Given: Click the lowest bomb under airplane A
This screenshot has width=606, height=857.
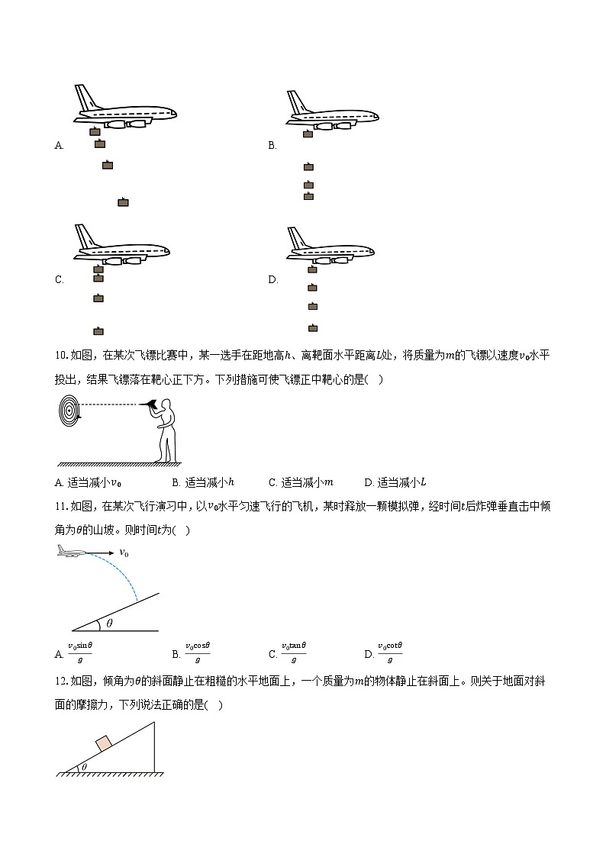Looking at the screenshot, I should click(x=123, y=202).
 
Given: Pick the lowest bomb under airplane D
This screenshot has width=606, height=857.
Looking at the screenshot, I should click(x=312, y=328).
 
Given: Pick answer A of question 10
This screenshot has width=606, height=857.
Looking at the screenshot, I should click(x=89, y=482).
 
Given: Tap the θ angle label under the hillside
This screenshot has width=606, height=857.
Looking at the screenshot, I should click(x=109, y=623).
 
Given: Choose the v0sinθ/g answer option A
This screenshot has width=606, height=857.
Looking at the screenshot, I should click(x=79, y=653).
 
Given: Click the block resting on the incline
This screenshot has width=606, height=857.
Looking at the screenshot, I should click(x=103, y=743).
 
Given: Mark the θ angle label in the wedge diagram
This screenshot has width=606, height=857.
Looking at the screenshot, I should click(x=84, y=767).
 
